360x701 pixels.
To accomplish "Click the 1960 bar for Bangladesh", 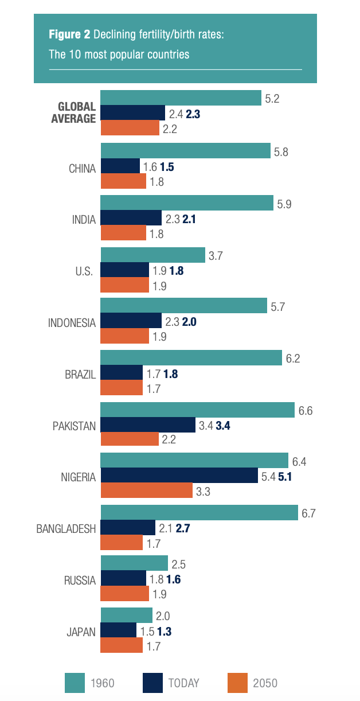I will pos(199,513).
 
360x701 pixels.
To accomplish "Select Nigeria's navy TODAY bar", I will pos(179,476).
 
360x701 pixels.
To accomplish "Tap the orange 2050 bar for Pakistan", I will pos(130,439).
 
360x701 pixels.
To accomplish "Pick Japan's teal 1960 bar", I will pos(126,616).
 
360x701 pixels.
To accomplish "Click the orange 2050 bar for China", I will pos(123,181).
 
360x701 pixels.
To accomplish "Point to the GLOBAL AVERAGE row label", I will pos(77,113).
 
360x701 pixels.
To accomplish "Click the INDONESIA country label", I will pos(72,322).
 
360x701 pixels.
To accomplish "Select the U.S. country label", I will pos(84,271).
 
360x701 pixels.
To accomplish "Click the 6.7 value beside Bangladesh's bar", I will pos(309,513).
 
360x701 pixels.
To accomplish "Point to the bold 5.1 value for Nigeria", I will pos(285,476).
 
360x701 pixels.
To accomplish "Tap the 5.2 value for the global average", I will pos(272,99).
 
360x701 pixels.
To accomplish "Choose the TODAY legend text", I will pos(183,683).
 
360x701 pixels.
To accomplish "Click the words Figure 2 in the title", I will pos(69,36).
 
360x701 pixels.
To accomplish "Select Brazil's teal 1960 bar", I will pos(191,358).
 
